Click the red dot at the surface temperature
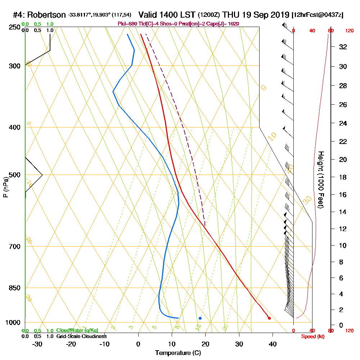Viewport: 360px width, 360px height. pyautogui.click(x=269, y=318)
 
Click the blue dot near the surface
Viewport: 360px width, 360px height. pyautogui.click(x=200, y=318)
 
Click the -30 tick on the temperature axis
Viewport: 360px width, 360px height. pyautogui.click(x=37, y=344)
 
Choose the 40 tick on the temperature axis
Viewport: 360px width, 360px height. pyautogui.click(x=273, y=344)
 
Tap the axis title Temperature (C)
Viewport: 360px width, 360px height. pyautogui.click(x=178, y=353)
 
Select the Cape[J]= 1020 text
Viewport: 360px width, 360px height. pyautogui.click(x=224, y=24)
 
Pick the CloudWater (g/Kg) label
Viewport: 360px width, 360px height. pyautogui.click(x=77, y=330)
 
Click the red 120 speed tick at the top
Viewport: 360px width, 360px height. pyautogui.click(x=350, y=31)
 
